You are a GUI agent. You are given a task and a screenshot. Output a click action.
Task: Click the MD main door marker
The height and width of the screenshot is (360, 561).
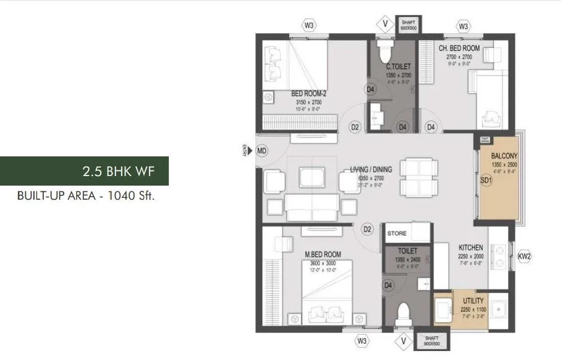click(x=262, y=151)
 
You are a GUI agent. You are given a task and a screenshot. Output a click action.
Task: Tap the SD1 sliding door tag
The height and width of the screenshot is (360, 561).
click(x=486, y=181)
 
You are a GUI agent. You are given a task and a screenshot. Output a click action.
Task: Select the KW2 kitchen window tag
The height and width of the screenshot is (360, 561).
click(x=524, y=256)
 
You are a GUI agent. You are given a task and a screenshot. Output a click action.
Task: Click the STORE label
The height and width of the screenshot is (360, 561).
click(x=397, y=232)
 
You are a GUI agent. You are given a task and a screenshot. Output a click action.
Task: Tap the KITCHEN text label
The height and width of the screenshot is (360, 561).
click(x=470, y=247)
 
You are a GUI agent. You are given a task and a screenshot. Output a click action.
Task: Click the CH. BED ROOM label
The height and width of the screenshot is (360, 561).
click(x=459, y=48)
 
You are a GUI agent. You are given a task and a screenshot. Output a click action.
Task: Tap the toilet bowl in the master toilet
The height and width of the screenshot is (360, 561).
click(x=403, y=313)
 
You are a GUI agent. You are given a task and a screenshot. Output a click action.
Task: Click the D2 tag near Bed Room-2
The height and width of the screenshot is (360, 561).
click(x=355, y=128)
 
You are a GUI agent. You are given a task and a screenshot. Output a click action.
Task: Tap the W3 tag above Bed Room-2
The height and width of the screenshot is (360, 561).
click(x=309, y=25)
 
